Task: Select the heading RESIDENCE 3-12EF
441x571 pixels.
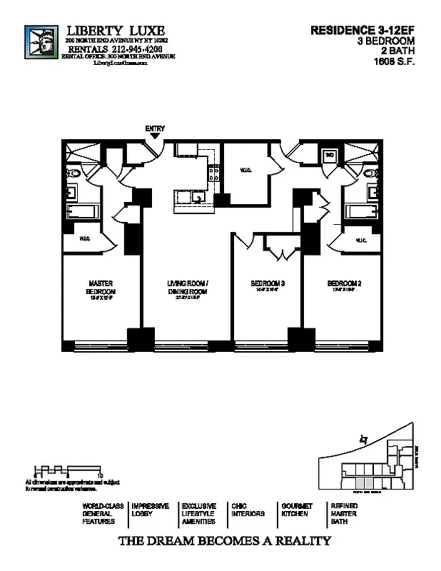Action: point(363,31)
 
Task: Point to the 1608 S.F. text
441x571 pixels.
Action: point(394,61)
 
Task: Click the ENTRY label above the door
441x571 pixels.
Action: point(155,128)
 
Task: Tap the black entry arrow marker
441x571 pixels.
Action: point(155,136)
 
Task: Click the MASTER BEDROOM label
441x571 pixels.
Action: point(101,288)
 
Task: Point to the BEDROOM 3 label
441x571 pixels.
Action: point(268,284)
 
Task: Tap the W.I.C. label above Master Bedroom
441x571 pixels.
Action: point(84,238)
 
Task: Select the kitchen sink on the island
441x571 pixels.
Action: point(196,198)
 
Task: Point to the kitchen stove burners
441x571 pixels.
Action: point(211,171)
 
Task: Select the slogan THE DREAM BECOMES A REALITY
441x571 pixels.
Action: point(223,540)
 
